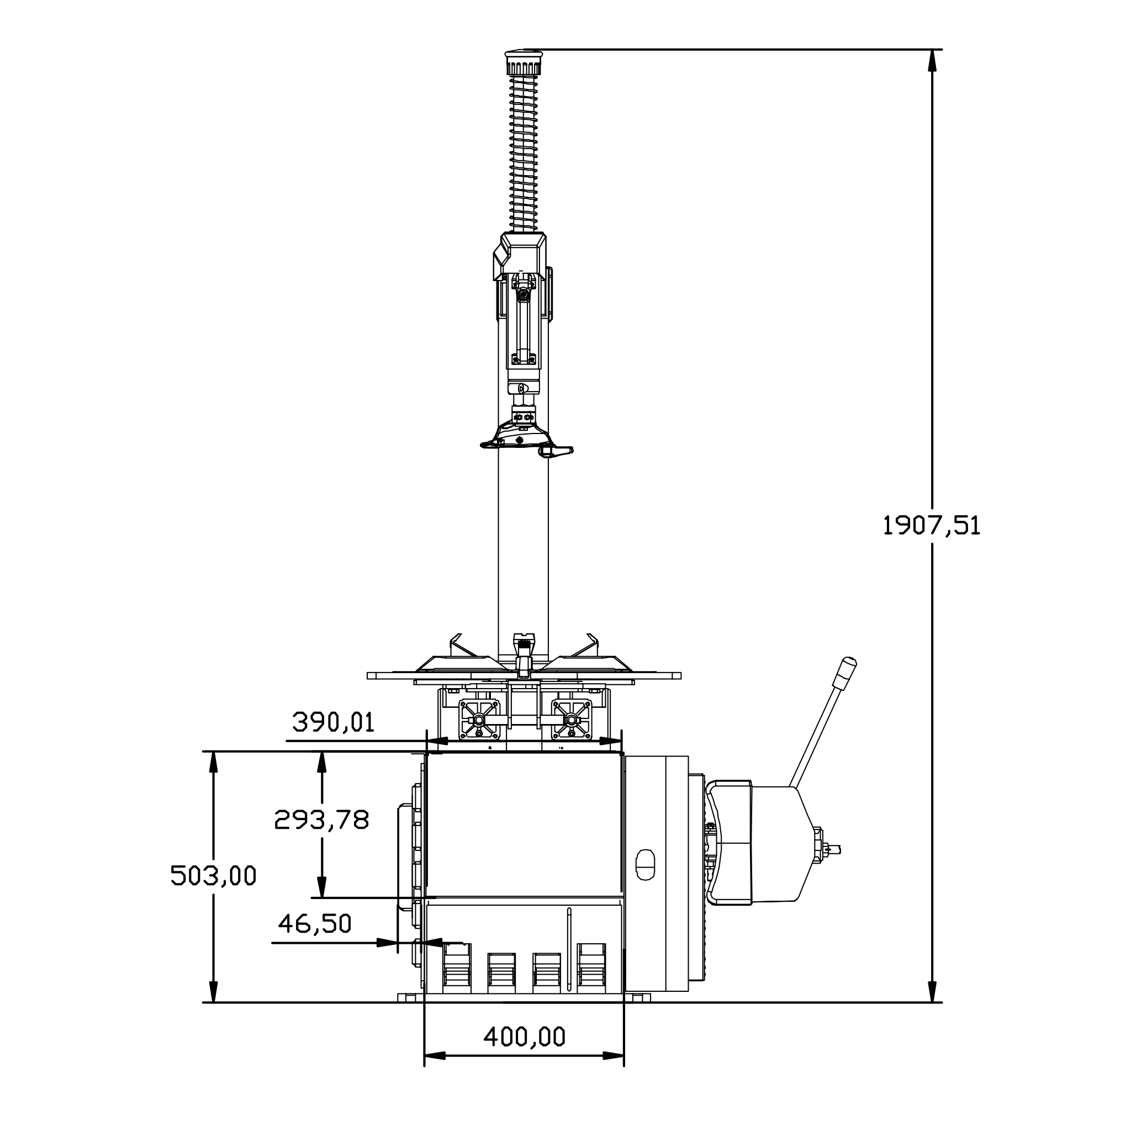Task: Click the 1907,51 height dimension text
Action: point(931,525)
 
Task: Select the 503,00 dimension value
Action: point(213,876)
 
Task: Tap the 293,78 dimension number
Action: point(321,820)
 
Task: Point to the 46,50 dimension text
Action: point(314,924)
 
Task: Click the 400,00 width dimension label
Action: point(524,1037)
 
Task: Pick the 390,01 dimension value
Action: point(333,722)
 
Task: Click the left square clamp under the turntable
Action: point(479,720)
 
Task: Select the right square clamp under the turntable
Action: point(571,720)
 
